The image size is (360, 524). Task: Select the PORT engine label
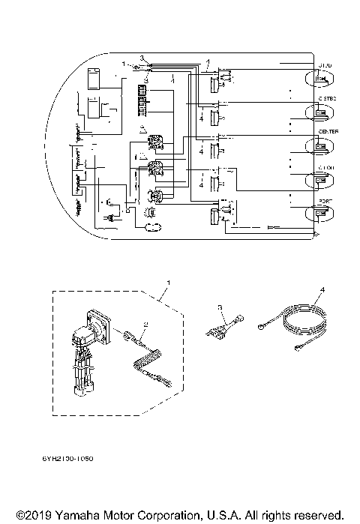click(x=325, y=201)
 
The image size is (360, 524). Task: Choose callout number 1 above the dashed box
click(x=168, y=283)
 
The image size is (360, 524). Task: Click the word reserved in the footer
click(x=317, y=516)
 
